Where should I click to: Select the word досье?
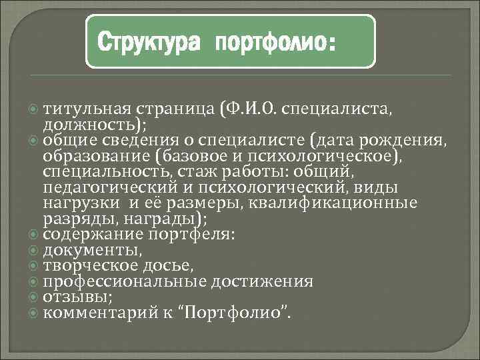[171, 265]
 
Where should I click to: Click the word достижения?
[262, 281]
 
